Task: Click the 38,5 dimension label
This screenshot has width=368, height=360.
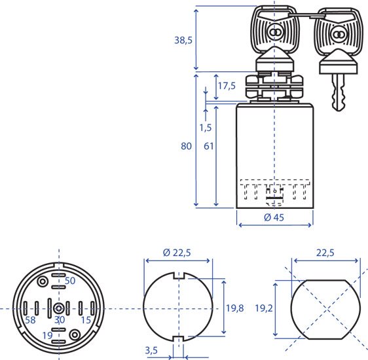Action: click(183, 41)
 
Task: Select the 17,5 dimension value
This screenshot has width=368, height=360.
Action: click(227, 86)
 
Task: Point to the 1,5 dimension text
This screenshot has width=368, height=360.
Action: click(206, 128)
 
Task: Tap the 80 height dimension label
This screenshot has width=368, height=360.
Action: click(186, 146)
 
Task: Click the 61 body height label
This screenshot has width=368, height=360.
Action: click(209, 146)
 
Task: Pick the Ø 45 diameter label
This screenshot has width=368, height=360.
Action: click(274, 217)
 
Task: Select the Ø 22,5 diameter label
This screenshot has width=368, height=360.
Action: click(177, 253)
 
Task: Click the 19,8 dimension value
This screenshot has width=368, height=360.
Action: click(235, 308)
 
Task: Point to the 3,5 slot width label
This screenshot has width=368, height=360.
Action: click(151, 350)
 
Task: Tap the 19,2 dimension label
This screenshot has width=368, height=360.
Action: click(264, 308)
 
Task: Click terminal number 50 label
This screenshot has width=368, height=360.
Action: click(70, 281)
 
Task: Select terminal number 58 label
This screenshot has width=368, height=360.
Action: click(30, 320)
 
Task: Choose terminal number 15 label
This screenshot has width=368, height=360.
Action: click(86, 320)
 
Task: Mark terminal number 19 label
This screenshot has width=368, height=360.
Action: click(47, 336)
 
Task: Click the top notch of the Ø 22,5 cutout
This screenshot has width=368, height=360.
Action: click(178, 276)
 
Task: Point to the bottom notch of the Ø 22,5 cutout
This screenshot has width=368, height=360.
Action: click(178, 339)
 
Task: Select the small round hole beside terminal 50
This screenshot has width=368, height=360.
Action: click(43, 281)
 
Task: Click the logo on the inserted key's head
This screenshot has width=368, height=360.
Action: click(274, 32)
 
